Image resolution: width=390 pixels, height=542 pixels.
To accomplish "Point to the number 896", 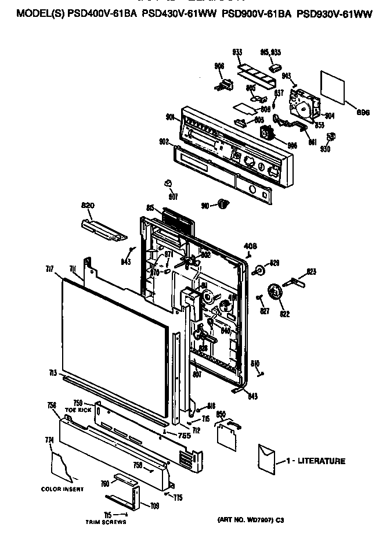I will point(363,112).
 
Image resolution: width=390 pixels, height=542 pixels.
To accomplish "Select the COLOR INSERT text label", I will point(62,489).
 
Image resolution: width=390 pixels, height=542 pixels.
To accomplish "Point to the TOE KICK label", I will point(78,410).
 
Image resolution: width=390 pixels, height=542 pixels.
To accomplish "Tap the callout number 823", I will point(312,271).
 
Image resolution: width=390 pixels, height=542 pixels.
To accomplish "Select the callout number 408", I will point(250,246).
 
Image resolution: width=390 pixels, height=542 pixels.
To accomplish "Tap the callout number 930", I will point(325,149).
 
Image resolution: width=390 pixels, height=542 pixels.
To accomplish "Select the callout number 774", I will point(49,440).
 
